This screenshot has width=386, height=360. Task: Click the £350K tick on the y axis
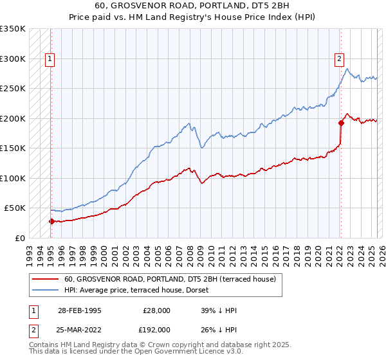click(13, 29)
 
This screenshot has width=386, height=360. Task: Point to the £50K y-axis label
click(15, 208)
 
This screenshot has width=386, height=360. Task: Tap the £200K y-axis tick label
click(13, 118)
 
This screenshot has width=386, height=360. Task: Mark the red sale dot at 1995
click(51, 221)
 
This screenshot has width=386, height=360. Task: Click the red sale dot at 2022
click(341, 123)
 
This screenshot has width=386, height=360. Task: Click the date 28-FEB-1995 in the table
click(79, 310)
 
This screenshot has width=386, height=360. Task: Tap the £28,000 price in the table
click(156, 310)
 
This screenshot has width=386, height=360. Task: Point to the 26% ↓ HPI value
click(219, 329)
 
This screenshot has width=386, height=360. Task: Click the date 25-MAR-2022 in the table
click(80, 329)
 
